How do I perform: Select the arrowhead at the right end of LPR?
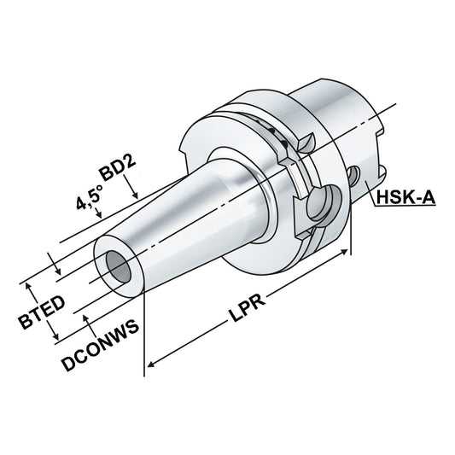[348, 254]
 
